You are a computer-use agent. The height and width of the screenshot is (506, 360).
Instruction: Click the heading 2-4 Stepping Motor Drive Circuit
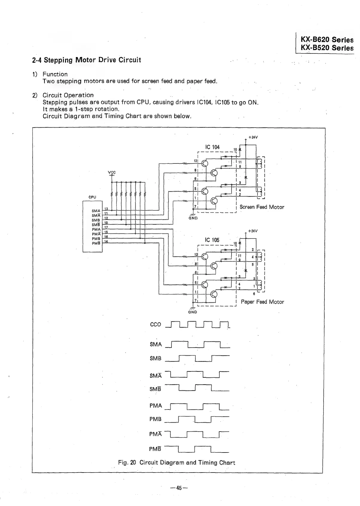(x=86, y=60)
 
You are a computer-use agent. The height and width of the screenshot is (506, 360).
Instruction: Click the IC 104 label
(x=212, y=147)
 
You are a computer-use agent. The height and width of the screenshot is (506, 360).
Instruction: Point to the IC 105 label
(x=212, y=240)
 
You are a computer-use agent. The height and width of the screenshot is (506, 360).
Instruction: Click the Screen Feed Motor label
(x=262, y=207)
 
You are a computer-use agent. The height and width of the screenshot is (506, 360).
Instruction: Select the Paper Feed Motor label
(x=262, y=302)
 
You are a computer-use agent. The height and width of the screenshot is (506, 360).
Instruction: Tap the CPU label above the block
(x=92, y=197)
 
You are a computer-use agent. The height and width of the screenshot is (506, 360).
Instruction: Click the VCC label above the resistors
(x=112, y=172)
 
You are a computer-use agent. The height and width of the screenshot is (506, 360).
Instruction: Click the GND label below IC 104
(x=193, y=218)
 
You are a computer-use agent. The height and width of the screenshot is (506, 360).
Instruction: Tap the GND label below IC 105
(x=192, y=312)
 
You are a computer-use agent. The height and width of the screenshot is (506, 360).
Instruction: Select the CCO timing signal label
(x=155, y=325)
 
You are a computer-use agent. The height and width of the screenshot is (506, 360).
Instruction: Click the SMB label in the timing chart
(x=155, y=358)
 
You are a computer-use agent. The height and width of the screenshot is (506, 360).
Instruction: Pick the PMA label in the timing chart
(x=155, y=406)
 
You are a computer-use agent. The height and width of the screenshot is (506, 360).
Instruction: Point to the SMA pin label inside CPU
(x=96, y=211)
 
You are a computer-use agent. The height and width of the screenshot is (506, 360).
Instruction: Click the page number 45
(x=179, y=488)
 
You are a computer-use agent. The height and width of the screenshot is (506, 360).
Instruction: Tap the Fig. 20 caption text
(x=177, y=463)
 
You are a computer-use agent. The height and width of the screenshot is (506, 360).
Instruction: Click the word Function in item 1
(x=55, y=74)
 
